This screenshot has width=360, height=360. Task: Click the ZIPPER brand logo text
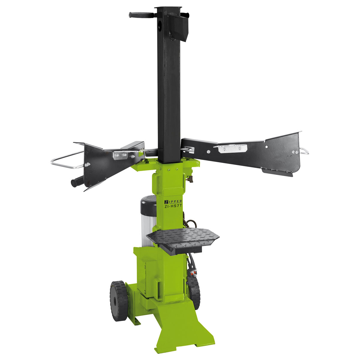tap(173, 202)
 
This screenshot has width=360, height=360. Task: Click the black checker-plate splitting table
tap(183, 239)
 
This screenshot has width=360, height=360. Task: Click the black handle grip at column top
tap(141, 15)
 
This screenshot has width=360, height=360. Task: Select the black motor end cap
tap(148, 205)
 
